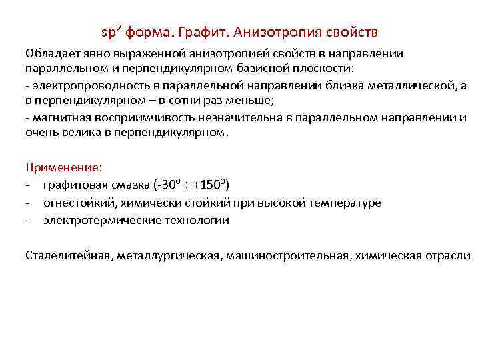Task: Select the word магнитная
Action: pyautogui.click(x=58, y=117)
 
